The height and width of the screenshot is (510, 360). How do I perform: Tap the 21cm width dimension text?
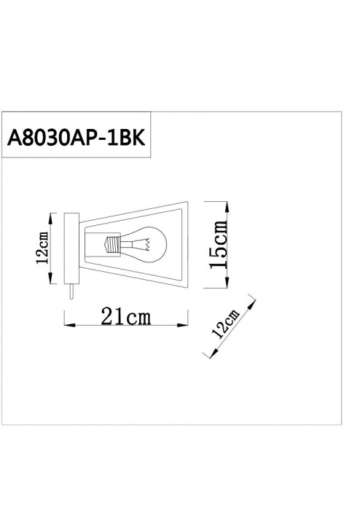[125, 316]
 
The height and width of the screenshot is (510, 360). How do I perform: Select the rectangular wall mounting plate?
[71, 248]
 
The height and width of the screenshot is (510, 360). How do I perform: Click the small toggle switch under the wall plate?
[71, 291]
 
